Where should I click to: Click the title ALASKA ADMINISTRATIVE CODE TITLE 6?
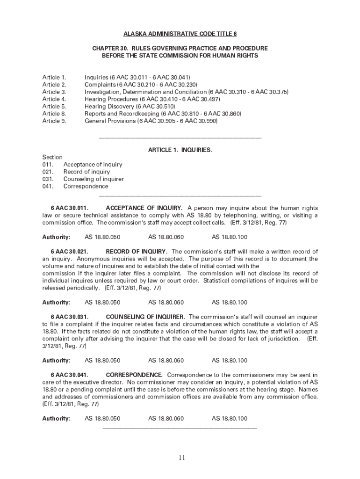(180, 34)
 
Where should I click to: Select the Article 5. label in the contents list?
(54, 106)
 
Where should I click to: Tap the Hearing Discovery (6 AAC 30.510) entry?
(130, 106)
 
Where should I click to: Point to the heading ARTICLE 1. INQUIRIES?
(180, 150)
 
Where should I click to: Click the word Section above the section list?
(52, 157)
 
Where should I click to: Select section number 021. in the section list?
(48, 172)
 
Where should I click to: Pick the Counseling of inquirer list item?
(94, 179)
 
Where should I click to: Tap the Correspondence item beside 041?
(86, 186)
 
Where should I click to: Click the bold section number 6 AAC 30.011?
(70, 208)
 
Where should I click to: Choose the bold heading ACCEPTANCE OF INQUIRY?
(144, 208)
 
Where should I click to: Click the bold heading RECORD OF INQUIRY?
(137, 252)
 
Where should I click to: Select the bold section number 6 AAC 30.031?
(70, 317)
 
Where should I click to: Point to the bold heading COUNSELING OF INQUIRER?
(145, 317)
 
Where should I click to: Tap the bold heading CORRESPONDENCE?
(134, 375)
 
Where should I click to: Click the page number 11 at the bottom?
(181, 457)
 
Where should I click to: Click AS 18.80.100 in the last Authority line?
(230, 419)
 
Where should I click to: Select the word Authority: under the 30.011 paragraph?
(57, 237)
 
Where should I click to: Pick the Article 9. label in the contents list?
(54, 121)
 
